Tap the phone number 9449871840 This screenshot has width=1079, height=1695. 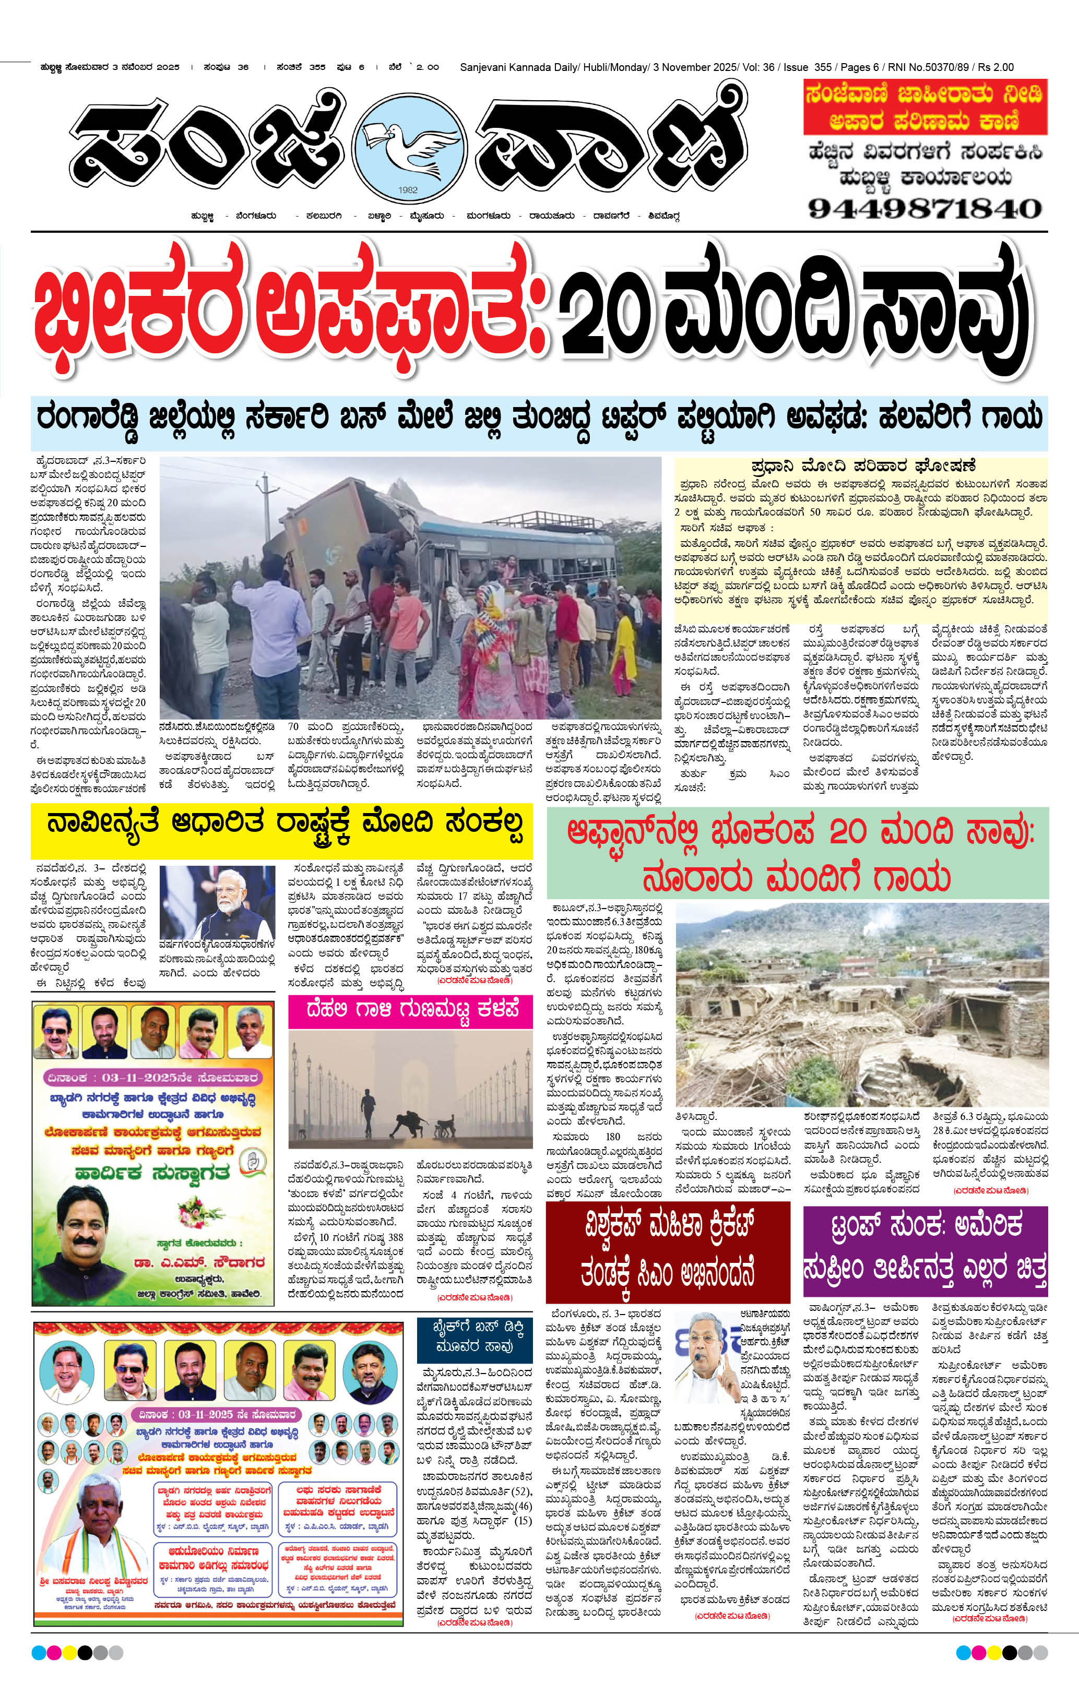coord(924,208)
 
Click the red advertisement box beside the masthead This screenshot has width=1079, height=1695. coord(925,108)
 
